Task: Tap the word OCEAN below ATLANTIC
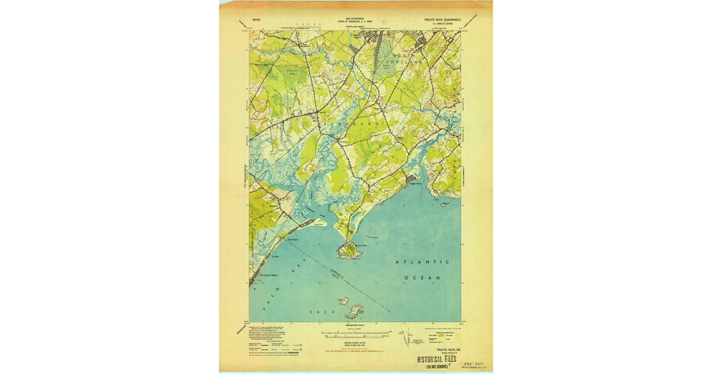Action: coord(422,277)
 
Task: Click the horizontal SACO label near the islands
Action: coord(316,310)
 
